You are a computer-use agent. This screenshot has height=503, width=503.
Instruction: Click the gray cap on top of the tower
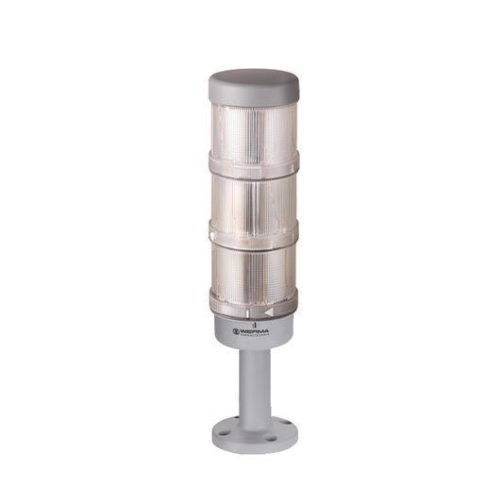pyautogui.click(x=252, y=84)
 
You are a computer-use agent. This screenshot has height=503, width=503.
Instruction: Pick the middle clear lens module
pyautogui.click(x=252, y=193)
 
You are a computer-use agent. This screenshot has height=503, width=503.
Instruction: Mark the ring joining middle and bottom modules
pyautogui.click(x=252, y=226)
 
